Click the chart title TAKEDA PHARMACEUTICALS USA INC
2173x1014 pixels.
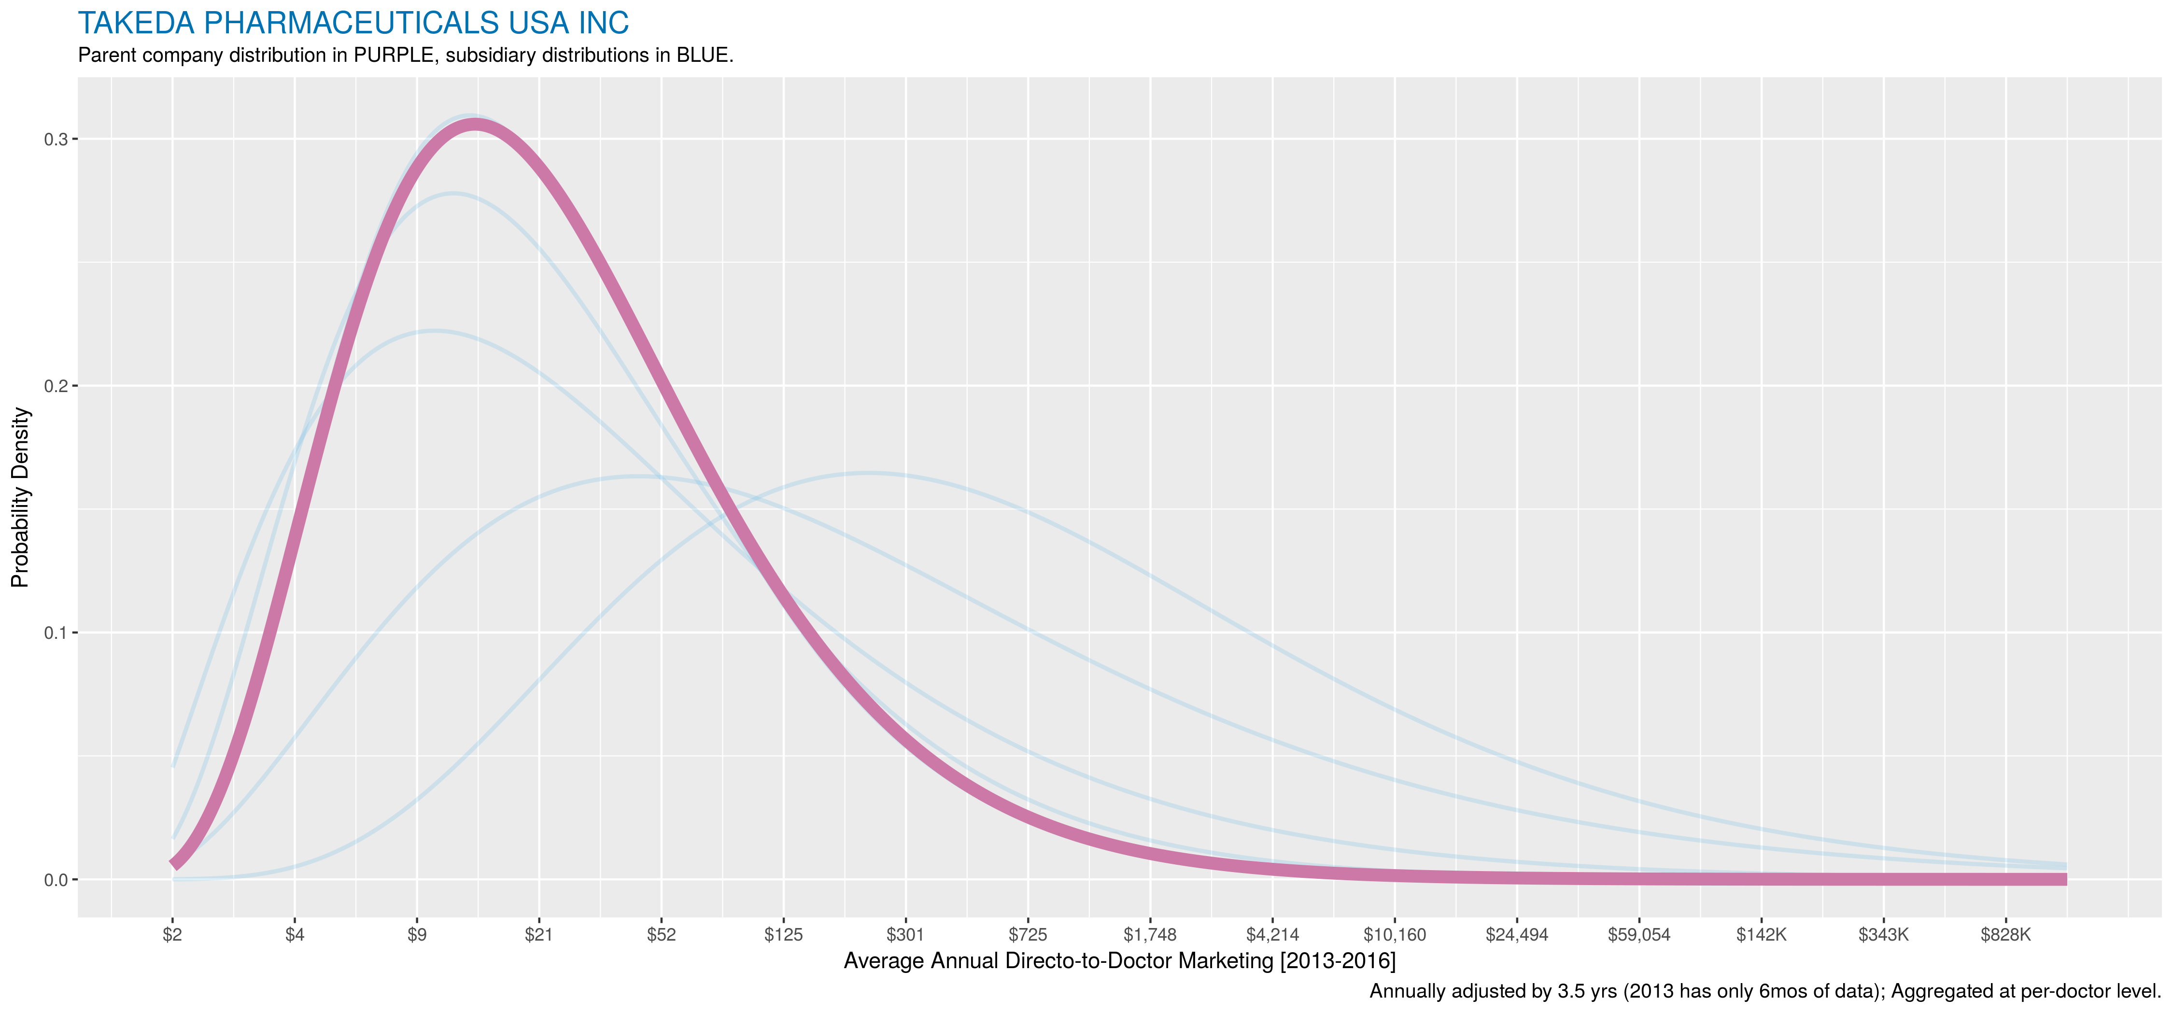tap(353, 24)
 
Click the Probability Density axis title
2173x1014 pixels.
tap(20, 498)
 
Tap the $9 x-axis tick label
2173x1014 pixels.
tap(417, 935)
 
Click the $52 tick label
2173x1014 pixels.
tap(662, 935)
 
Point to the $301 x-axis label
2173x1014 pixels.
tap(905, 935)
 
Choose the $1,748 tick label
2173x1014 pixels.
tap(1150, 935)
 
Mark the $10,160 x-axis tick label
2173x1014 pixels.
tap(1395, 935)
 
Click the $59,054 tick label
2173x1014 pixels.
tap(1639, 935)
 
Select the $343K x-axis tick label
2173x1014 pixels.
tap(1884, 935)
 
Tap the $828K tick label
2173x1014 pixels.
tap(2006, 935)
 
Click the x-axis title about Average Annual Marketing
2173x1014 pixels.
tap(1119, 961)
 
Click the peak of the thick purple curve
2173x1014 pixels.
tap(475, 125)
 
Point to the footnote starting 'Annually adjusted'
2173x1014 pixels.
tap(1765, 991)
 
